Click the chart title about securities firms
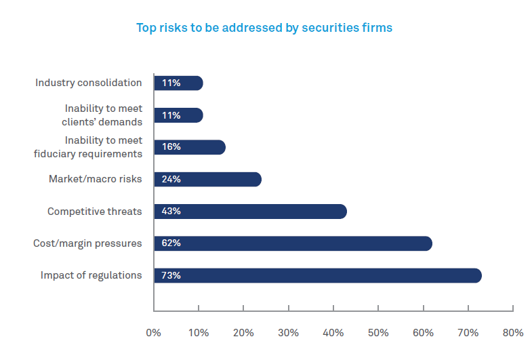point(264,28)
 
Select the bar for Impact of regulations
point(317,275)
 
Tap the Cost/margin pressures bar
point(293,243)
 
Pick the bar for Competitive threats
point(250,212)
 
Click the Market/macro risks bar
point(207,180)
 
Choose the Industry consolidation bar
point(178,83)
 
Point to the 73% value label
point(171,275)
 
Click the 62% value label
point(171,243)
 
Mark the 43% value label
point(171,212)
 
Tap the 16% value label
point(171,147)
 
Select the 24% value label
point(171,180)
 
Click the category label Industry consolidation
point(89,83)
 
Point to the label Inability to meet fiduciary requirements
point(88,147)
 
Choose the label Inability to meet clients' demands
point(103,115)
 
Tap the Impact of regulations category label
point(91,275)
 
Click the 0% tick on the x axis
point(154,333)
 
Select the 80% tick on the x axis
point(513,333)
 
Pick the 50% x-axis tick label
point(378,333)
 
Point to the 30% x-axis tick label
point(288,333)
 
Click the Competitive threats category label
point(95,212)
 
